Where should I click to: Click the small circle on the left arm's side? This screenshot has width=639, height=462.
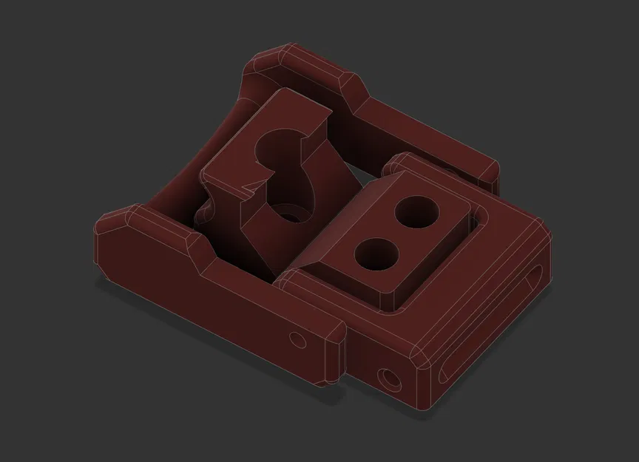pos(298,339)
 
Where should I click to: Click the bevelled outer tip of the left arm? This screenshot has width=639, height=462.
pos(111,222)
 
